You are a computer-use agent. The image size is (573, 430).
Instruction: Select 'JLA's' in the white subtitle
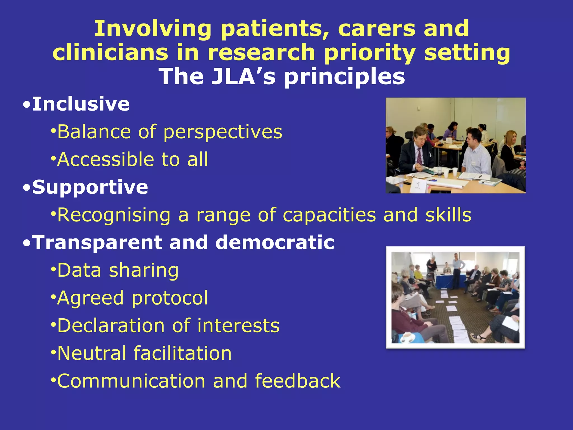coord(243,77)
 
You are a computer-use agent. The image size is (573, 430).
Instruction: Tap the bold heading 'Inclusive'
coord(81,104)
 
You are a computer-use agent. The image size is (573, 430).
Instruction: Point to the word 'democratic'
coord(275,242)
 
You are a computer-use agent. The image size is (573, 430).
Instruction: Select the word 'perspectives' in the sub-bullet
coord(223,132)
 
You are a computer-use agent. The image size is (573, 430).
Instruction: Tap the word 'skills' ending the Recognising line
coord(448,215)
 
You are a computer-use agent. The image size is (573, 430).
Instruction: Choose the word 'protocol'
coord(170,298)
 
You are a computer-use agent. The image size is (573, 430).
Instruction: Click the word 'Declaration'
coord(111,326)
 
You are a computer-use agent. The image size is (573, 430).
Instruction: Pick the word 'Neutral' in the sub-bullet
coord(92,353)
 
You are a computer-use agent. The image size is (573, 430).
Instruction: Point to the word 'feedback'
coord(297,381)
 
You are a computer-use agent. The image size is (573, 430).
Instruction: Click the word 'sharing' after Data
coord(144,270)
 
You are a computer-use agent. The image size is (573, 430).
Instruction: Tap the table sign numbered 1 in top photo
coord(418,186)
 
